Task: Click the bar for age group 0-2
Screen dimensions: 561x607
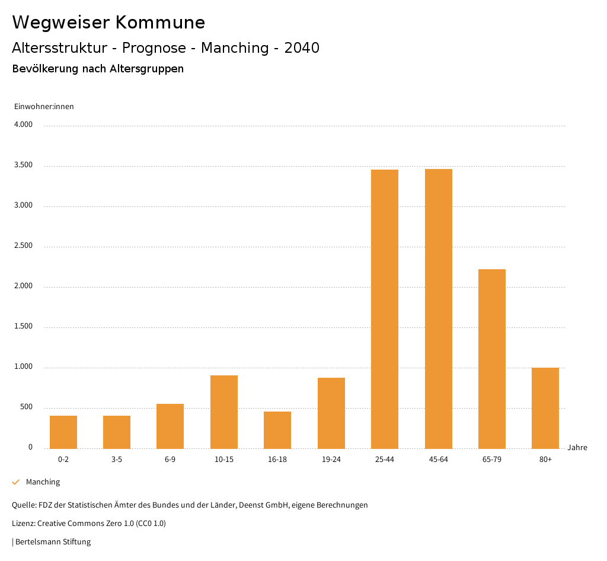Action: (63, 432)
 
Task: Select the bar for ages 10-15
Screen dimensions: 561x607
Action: (224, 412)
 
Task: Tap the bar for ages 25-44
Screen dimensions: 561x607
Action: (385, 308)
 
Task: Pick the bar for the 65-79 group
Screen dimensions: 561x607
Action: (492, 358)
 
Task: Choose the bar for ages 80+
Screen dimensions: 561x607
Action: (545, 407)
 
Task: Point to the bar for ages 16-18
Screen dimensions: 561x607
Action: (277, 429)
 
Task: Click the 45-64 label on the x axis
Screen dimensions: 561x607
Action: (439, 460)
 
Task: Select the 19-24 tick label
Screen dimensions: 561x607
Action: (331, 460)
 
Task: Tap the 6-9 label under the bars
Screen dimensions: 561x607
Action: (170, 460)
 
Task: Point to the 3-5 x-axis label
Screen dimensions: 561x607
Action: (117, 460)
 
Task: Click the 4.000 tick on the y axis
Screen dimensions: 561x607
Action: (23, 125)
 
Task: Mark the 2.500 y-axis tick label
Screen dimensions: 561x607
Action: (23, 246)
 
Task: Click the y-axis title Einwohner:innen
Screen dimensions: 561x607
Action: (44, 107)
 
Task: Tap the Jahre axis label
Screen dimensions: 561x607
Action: (577, 448)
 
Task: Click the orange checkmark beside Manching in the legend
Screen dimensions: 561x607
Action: (16, 482)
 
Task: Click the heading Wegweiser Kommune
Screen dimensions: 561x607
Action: (108, 23)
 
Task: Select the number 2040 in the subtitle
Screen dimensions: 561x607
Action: (302, 48)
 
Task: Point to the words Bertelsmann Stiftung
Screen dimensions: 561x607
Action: (53, 541)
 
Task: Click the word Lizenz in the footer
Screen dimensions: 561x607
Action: (24, 524)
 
